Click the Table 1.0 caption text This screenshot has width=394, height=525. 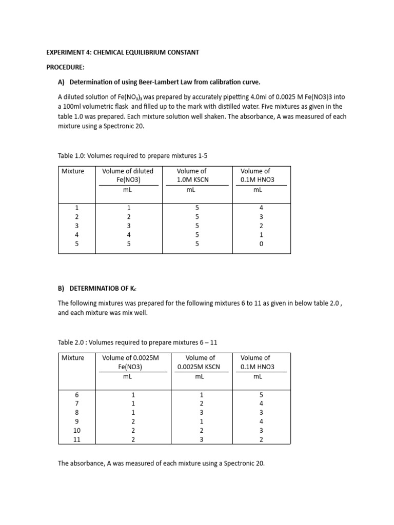pyautogui.click(x=132, y=156)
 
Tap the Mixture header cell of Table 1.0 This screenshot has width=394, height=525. pyautogui.click(x=73, y=171)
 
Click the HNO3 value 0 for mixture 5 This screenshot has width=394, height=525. pyautogui.click(x=262, y=244)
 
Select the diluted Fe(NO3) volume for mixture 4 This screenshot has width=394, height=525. pyautogui.click(x=128, y=235)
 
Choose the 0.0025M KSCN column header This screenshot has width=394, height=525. pyautogui.click(x=200, y=367)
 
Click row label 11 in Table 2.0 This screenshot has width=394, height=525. pyautogui.click(x=77, y=439)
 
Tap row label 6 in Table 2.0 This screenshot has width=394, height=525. pyautogui.click(x=77, y=395)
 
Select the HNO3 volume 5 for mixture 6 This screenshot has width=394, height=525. pyautogui.click(x=262, y=395)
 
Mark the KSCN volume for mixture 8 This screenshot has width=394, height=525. pyautogui.click(x=200, y=413)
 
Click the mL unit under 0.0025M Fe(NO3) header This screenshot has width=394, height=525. pyautogui.click(x=128, y=376)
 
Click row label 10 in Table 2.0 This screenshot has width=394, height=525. pyautogui.click(x=77, y=431)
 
